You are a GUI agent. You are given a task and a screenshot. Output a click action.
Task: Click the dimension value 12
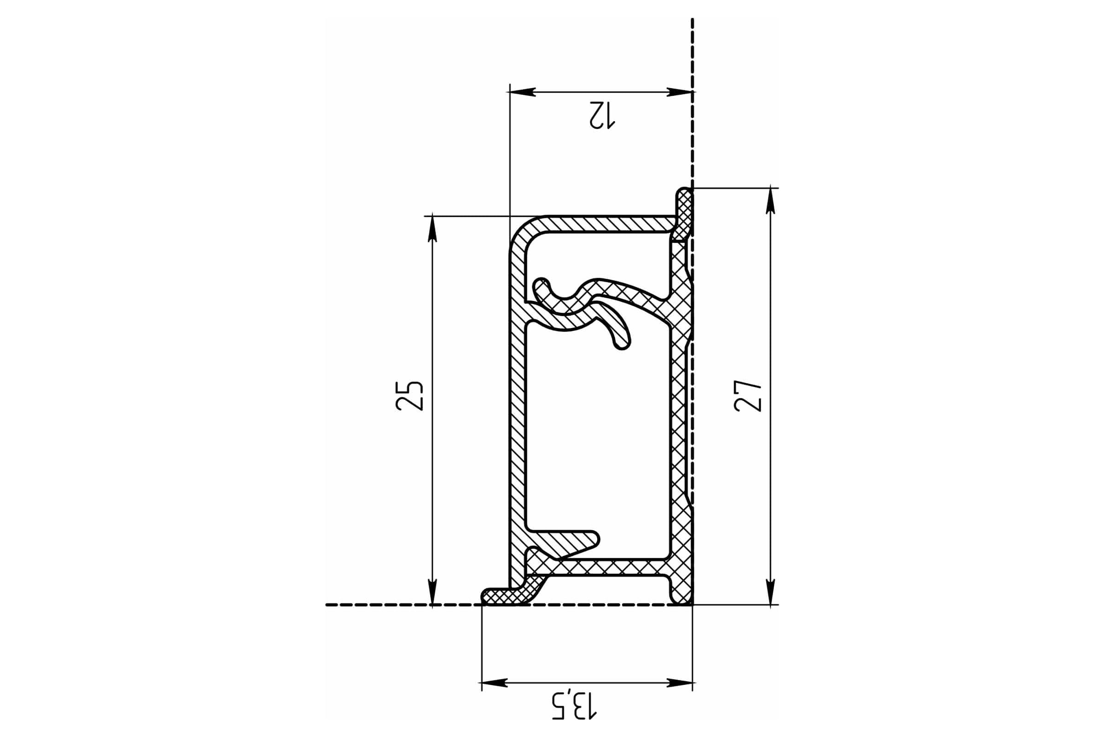coord(602,115)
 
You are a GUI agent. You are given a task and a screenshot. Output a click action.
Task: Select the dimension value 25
coord(410,396)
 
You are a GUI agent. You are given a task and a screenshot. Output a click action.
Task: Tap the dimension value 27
coord(747,396)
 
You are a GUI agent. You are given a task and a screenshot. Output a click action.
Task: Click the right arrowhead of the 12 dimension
coord(680,92)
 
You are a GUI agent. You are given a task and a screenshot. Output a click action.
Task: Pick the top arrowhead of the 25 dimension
coord(432,229)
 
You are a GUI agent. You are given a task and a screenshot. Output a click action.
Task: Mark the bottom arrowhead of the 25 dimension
coord(432,592)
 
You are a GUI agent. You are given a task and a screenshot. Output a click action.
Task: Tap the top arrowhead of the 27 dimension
coord(770,201)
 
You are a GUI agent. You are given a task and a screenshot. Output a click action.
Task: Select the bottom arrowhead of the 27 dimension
coord(770,592)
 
